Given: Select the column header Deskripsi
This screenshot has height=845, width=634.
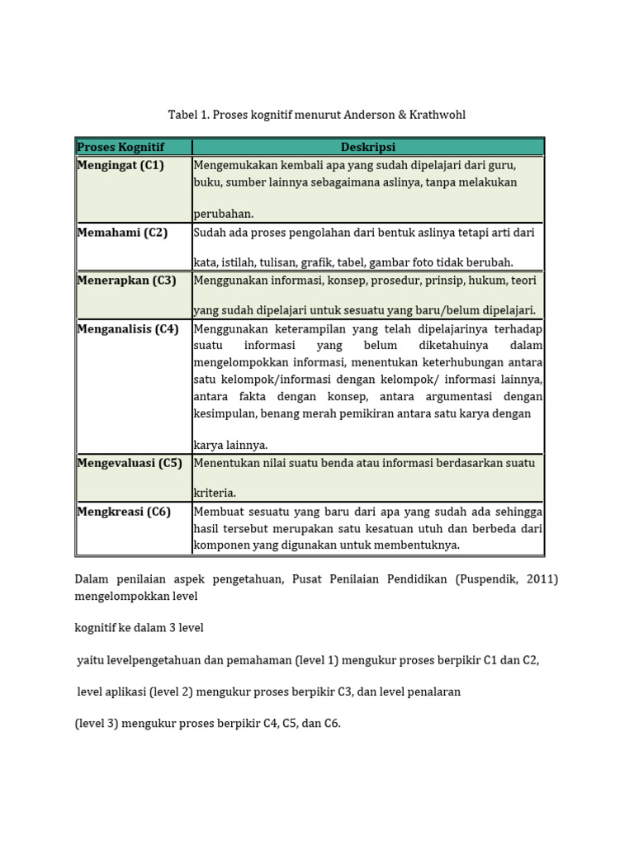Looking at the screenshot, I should (x=367, y=147).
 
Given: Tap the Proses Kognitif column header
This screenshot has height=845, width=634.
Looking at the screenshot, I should (x=121, y=147).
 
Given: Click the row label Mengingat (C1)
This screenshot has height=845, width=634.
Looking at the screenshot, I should (x=121, y=165).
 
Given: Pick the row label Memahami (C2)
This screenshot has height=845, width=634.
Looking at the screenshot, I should (x=122, y=233).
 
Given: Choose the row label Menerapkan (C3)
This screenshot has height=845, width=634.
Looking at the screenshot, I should (x=126, y=281).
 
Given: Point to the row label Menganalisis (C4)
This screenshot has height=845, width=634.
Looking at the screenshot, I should (x=128, y=328).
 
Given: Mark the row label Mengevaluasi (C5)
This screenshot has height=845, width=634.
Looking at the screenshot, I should (x=130, y=463).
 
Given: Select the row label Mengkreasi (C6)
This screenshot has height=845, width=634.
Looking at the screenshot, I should (x=124, y=512).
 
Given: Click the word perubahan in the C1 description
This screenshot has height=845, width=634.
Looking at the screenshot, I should (x=224, y=214).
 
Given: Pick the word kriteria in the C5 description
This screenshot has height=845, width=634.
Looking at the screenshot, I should (x=215, y=493).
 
